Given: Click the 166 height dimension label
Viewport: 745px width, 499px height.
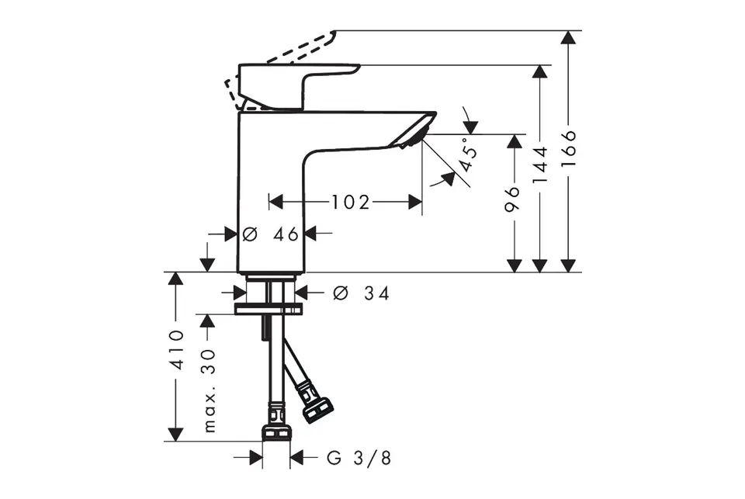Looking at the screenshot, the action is pyautogui.click(x=568, y=148).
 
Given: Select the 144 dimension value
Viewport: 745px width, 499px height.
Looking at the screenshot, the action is pyautogui.click(x=540, y=165).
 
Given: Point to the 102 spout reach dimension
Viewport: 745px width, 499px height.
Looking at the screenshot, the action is pyautogui.click(x=350, y=203).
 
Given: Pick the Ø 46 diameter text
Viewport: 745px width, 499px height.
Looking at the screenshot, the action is pyautogui.click(x=270, y=234).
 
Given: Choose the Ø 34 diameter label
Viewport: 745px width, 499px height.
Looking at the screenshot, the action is pyautogui.click(x=361, y=293).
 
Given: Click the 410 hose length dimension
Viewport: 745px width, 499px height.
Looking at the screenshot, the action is pyautogui.click(x=177, y=349).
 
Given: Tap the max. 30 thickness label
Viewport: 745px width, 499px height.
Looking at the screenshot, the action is pyautogui.click(x=210, y=390).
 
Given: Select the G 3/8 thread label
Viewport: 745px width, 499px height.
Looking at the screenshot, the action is pyautogui.click(x=359, y=458).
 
